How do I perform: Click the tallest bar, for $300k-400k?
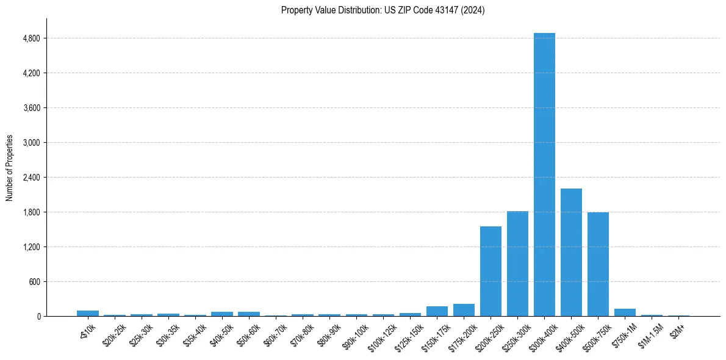(544, 175)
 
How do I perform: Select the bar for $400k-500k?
(571, 252)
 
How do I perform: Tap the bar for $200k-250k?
(491, 271)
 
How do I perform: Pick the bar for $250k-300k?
(517, 264)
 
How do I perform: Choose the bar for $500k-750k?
(598, 264)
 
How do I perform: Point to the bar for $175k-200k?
(464, 310)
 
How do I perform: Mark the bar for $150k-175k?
(437, 311)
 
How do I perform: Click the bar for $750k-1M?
(625, 312)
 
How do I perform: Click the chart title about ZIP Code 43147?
(383, 10)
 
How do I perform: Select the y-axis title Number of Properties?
(10, 167)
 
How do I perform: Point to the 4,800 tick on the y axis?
(31, 38)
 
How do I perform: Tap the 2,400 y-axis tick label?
(31, 178)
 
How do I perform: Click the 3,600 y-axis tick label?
(31, 108)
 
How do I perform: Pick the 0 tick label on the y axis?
(38, 317)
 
